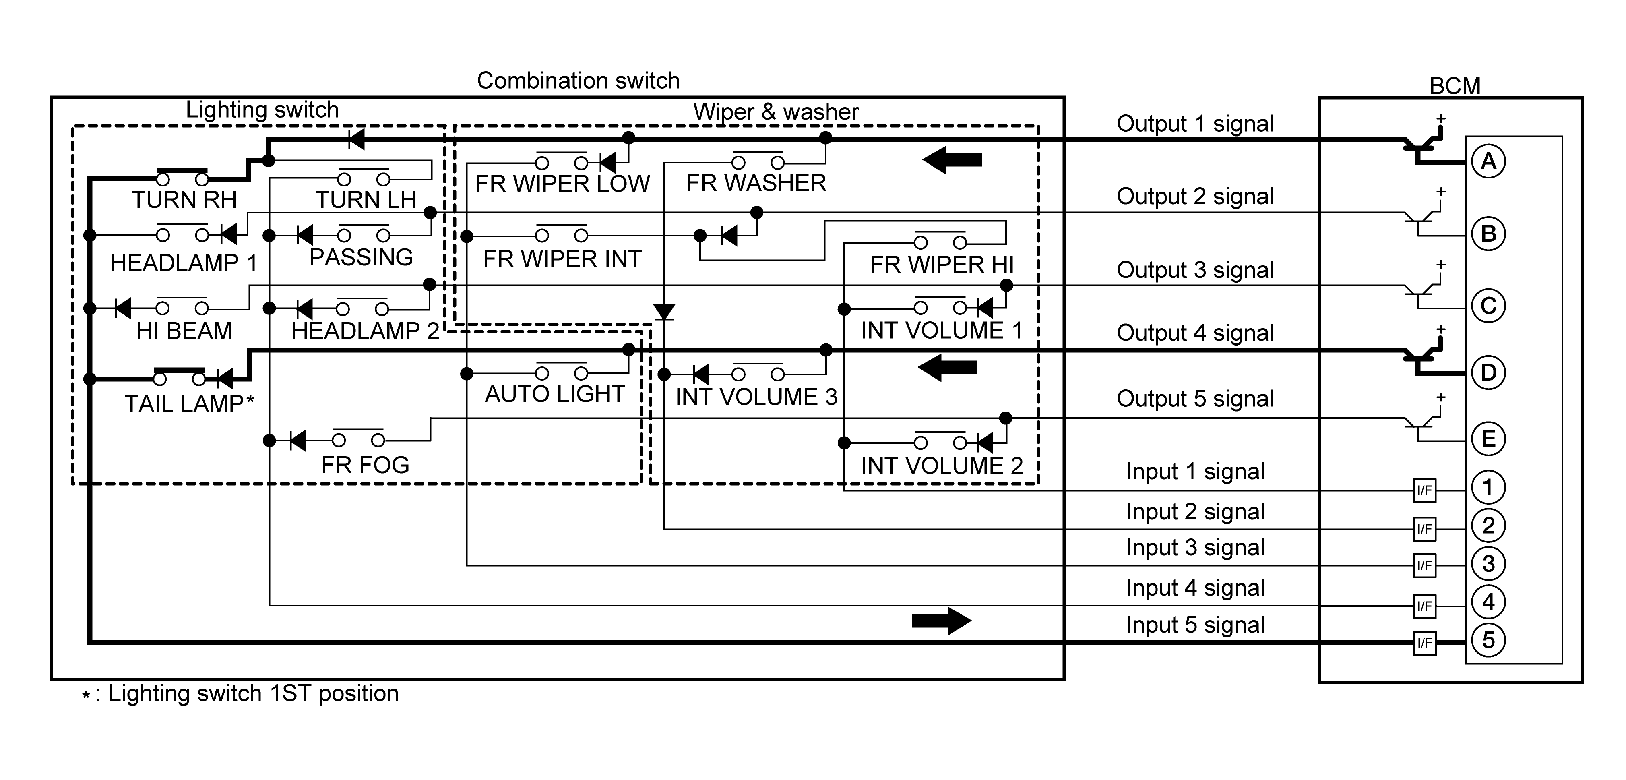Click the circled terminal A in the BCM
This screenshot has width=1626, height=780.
1488,162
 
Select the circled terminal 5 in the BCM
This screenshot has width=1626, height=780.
1488,640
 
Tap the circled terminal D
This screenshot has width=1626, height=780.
1488,372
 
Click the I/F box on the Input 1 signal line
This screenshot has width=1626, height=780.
1424,490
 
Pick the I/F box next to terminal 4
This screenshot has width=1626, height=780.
1424,606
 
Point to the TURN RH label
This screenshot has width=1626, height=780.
184,200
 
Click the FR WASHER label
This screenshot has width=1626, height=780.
756,183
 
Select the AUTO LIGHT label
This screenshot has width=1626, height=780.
554,394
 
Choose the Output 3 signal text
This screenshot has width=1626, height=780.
1195,270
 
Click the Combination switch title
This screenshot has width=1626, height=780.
578,81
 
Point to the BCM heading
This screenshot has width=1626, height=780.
1455,86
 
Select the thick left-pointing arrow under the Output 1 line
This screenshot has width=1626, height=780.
952,160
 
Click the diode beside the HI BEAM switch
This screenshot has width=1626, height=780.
123,308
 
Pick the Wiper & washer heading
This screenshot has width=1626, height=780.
776,112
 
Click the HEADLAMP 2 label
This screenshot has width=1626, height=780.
365,331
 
